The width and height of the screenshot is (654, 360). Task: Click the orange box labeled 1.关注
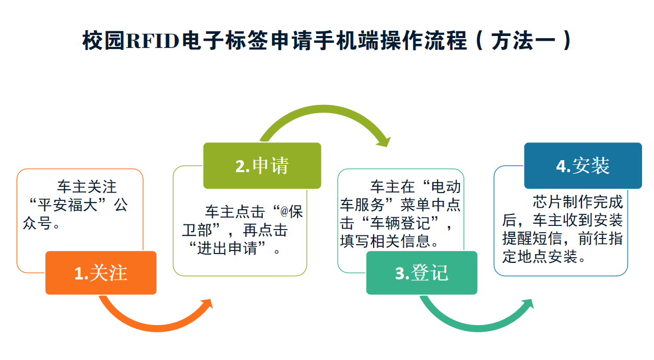pos(101,273)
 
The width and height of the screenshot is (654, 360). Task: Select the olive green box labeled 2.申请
pos(262,165)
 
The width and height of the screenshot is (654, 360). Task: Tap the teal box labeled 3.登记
pos(422,273)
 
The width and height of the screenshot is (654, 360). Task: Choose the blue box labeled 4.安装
pos(583,165)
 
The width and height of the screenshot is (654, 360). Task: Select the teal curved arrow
pos(470,321)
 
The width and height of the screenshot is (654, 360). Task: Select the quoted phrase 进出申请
pos(227,248)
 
